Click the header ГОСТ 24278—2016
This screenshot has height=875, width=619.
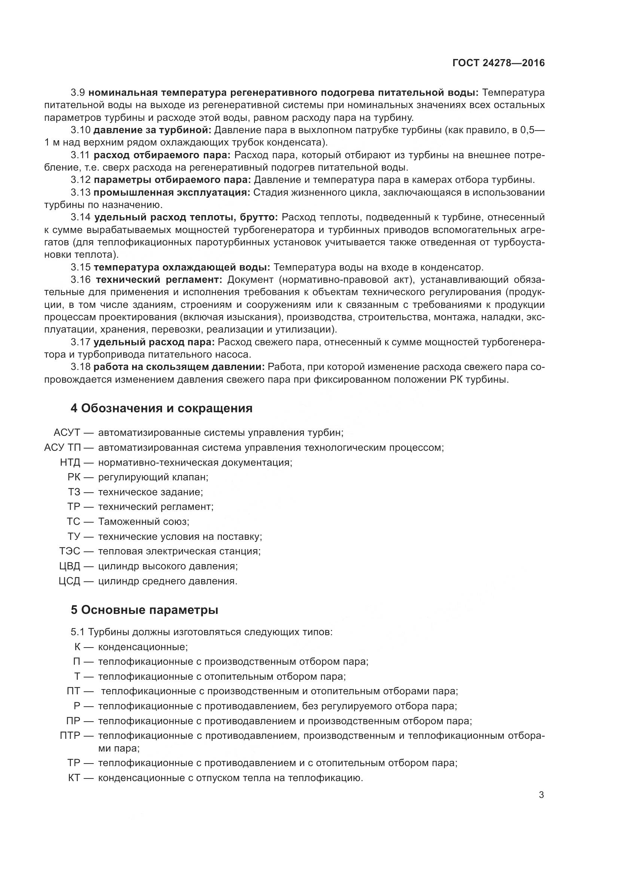tap(498, 63)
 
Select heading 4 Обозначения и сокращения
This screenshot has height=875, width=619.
tap(162, 408)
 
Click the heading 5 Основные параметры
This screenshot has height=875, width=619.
tap(144, 610)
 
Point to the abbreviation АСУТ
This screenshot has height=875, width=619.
tap(67, 433)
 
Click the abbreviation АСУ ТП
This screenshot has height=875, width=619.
tap(62, 447)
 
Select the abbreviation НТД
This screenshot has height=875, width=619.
tap(70, 463)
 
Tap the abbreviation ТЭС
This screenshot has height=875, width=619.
tap(70, 551)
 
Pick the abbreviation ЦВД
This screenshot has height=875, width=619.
tap(70, 566)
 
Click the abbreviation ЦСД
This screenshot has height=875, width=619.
tap(70, 581)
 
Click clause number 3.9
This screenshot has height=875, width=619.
tap(80, 93)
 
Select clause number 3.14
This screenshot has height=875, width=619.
tap(81, 217)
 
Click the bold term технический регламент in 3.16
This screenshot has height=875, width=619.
tap(159, 280)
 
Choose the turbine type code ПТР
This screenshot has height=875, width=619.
tap(70, 735)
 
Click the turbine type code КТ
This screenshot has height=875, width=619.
tap(74, 778)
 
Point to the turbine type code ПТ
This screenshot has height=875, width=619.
tap(74, 691)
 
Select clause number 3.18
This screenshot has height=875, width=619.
tap(81, 367)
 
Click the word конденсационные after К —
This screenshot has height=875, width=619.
tap(143, 647)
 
